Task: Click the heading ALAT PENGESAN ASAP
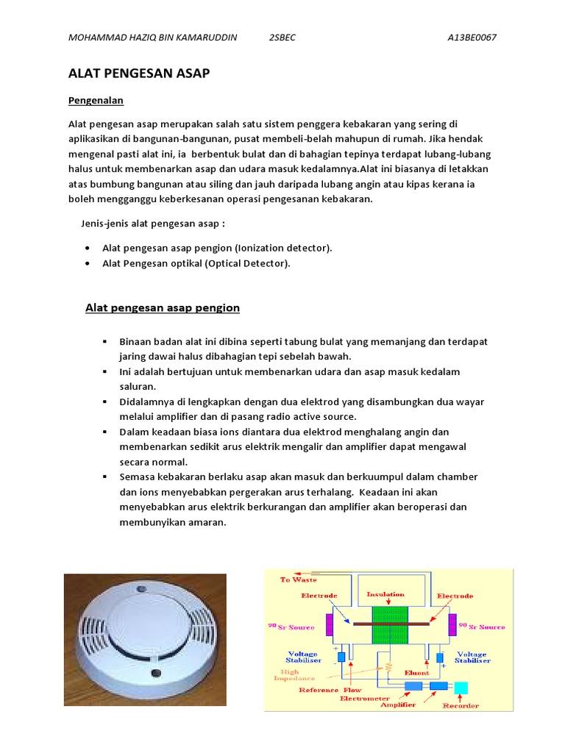click(139, 73)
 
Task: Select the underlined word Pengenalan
click(96, 99)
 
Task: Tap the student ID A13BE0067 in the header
click(471, 38)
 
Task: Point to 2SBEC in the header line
click(282, 38)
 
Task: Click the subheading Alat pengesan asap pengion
click(163, 307)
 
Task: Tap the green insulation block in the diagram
click(388, 625)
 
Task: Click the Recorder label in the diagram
click(461, 705)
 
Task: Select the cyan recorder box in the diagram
click(461, 687)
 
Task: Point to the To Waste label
click(298, 579)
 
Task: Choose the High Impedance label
click(297, 674)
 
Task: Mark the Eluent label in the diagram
click(416, 672)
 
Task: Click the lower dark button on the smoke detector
click(155, 672)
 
